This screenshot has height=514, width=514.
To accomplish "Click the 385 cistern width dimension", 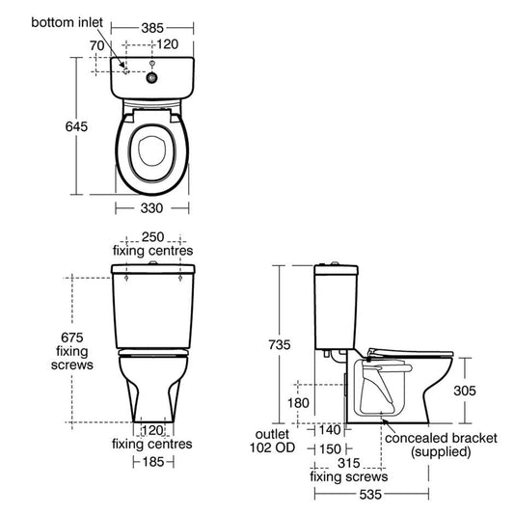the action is tap(152, 28).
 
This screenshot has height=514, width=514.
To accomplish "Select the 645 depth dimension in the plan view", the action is tap(76, 126).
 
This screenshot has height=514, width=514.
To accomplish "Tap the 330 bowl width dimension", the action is tap(151, 208).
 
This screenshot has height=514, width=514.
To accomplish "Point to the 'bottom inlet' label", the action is tap(67, 22).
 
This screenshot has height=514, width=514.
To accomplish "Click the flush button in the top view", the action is tap(151, 78).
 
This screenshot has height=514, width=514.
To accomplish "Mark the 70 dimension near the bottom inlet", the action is tap(97, 45).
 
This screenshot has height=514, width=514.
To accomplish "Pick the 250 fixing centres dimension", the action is tap(152, 237).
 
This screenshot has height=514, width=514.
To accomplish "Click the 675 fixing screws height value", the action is tap(72, 338).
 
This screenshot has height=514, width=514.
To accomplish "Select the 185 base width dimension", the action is tap(153, 462).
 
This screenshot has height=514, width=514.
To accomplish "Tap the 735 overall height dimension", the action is tap(280, 345).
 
